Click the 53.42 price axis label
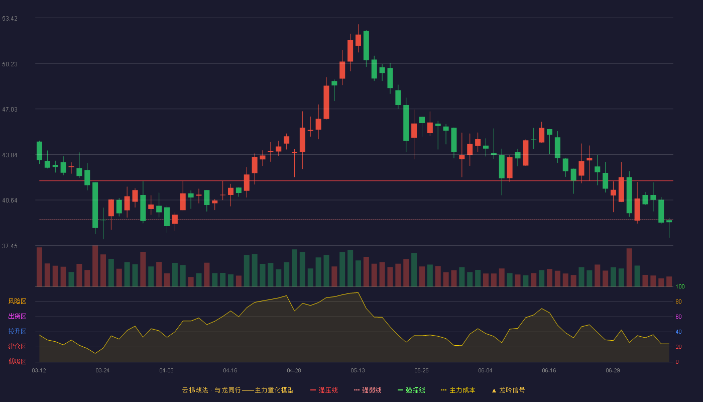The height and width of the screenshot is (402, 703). coord(10,19)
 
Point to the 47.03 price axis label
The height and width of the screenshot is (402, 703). coord(10,110)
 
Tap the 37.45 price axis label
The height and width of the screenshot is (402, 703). coord(10,246)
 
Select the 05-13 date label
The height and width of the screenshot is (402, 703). coord(358,371)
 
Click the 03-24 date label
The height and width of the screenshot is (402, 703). coord(102,371)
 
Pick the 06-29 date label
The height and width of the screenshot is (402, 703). coord(613,371)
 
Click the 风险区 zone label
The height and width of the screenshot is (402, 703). coord(17,301)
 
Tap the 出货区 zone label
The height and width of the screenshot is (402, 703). coord(17,316)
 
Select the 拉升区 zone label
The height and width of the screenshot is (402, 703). coord(17,331)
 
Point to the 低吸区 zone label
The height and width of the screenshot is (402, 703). coord(17,361)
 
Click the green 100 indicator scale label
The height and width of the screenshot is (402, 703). coord(680,286)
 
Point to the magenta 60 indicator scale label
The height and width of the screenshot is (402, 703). coord(678,317)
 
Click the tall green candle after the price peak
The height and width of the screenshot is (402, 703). coord(366,46)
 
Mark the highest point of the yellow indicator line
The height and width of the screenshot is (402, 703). coord(358,292)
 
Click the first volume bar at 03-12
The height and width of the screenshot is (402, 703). coord(39,267)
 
